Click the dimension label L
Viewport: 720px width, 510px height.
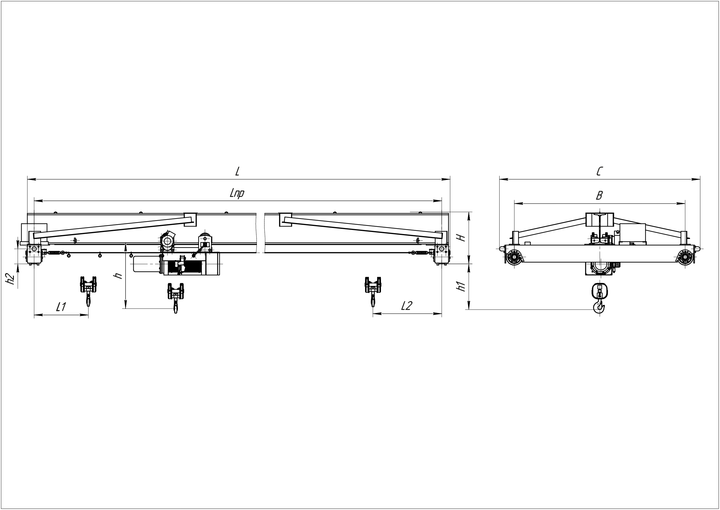coord(238,171)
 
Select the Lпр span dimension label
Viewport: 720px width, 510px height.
coord(237,194)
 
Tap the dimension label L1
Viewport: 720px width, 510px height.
coord(61,307)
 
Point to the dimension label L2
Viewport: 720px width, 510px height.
coord(407,305)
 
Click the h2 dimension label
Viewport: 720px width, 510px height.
coord(11,279)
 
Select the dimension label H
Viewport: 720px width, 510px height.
coord(461,238)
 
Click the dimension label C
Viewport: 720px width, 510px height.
coord(599,171)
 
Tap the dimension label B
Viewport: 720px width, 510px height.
coord(599,196)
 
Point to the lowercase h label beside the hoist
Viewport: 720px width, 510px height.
coord(118,276)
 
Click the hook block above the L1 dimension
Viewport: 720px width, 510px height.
coord(88,291)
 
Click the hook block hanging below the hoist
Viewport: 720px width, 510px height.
coord(176,298)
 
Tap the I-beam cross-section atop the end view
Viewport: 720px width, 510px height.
coord(599,220)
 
